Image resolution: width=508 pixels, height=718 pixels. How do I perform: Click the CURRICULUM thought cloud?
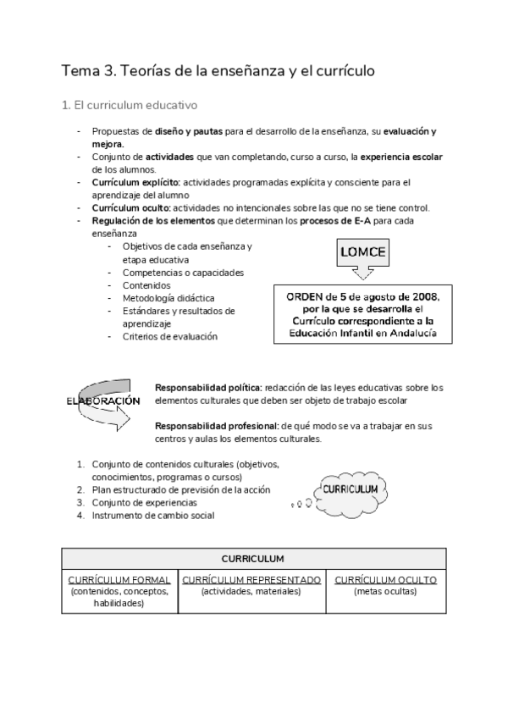pyautogui.click(x=351, y=490)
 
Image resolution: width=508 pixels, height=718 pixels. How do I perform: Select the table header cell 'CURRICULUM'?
pyautogui.click(x=252, y=559)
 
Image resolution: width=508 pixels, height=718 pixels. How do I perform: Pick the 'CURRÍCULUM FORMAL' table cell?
pyautogui.click(x=119, y=591)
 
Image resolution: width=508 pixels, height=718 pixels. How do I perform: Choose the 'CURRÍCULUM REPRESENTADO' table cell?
pyautogui.click(x=251, y=586)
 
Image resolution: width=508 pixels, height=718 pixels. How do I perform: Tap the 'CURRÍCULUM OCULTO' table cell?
pyautogui.click(x=385, y=586)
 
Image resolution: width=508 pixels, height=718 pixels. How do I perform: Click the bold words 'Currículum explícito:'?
pyautogui.click(x=135, y=181)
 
